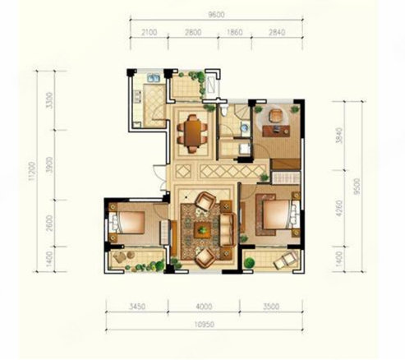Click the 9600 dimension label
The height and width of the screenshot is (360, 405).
click(x=216, y=15)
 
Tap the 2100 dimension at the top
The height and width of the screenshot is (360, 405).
click(x=150, y=33)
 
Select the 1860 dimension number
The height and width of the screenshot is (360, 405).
click(x=235, y=32)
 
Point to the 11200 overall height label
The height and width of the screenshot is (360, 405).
click(x=32, y=171)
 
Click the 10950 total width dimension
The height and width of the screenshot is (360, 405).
click(x=205, y=325)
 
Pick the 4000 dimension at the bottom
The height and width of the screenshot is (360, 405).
click(x=204, y=306)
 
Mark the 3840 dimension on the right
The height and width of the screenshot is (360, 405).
click(x=339, y=136)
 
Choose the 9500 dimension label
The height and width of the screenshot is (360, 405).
click(x=357, y=187)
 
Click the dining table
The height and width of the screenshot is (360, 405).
click(x=193, y=133)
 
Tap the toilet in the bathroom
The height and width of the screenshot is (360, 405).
click(x=224, y=110)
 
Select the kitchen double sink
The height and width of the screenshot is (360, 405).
click(x=154, y=78)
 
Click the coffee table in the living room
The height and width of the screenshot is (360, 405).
click(x=203, y=229)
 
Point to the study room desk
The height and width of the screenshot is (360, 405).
click(x=276, y=131)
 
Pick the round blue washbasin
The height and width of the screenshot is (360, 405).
click(x=245, y=127)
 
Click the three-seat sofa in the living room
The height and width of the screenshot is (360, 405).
click(x=228, y=229)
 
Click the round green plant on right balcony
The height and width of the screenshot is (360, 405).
click(x=249, y=262)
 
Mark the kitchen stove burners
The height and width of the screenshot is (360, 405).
click(x=137, y=97)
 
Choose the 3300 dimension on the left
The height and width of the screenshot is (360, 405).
click(x=49, y=100)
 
